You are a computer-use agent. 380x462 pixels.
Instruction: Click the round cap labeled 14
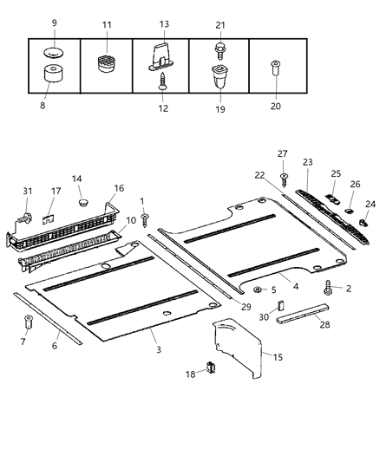(83, 202)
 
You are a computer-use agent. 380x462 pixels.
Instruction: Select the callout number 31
(27, 192)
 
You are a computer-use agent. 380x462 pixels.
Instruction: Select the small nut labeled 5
(259, 290)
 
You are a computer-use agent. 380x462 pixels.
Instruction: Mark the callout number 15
(278, 356)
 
